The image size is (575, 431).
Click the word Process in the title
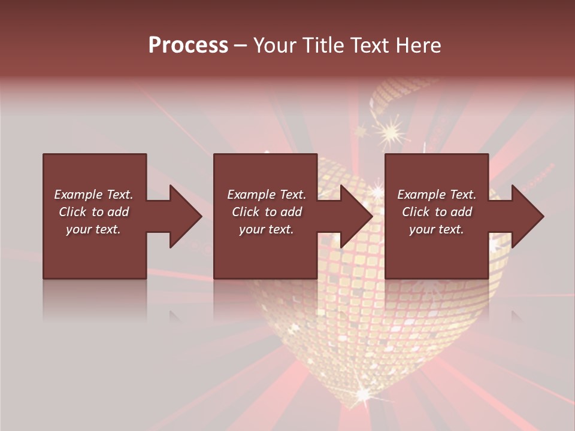188,45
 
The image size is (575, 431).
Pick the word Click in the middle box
245,212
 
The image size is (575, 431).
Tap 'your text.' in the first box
93,229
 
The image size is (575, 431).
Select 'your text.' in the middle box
266,229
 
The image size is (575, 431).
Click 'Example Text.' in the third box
437,195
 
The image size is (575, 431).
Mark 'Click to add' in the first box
93,212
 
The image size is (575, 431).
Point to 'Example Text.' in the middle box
266,195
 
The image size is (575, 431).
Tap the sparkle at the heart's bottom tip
364,394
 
